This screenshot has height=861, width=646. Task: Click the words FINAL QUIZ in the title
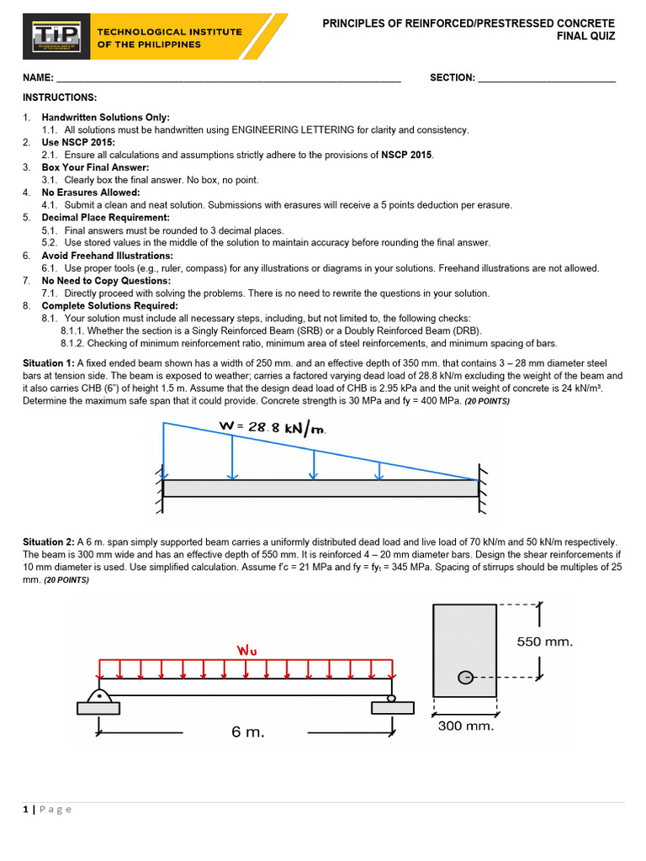click(x=586, y=36)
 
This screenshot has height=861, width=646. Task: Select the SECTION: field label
click(x=453, y=78)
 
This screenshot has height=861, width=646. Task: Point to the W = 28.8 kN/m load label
click(x=272, y=427)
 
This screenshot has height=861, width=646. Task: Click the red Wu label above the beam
click(x=247, y=649)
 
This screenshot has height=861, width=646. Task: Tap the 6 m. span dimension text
click(x=247, y=732)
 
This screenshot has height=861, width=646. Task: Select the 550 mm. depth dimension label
click(x=544, y=642)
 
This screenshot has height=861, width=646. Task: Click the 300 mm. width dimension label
click(x=466, y=726)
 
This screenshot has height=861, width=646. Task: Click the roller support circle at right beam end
click(x=391, y=698)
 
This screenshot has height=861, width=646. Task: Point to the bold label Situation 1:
click(x=49, y=363)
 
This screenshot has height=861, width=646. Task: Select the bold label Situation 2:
click(x=49, y=542)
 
